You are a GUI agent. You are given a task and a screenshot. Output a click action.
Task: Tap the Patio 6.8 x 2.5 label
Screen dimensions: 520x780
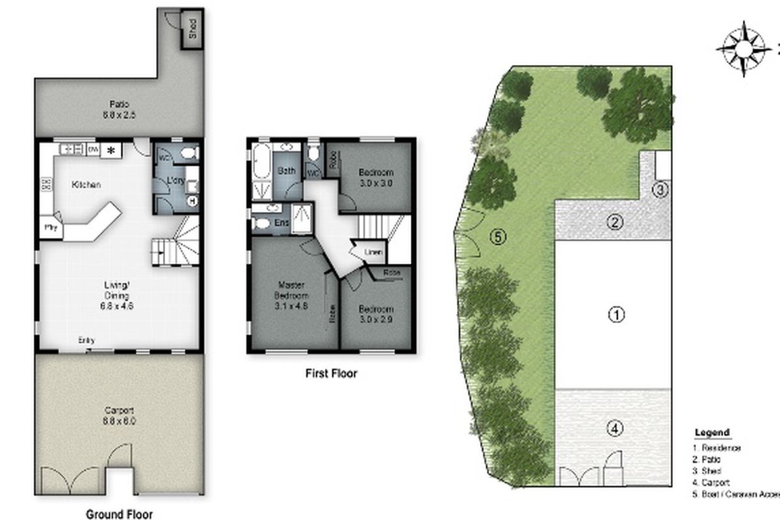point(119,109)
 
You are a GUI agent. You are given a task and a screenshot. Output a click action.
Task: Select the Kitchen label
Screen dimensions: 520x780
point(86,185)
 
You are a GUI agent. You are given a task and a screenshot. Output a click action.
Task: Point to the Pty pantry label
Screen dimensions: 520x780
point(50,228)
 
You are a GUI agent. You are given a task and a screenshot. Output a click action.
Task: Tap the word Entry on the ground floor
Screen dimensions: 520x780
point(86,340)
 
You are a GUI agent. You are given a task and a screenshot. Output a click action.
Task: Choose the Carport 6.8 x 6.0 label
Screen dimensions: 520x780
point(119,415)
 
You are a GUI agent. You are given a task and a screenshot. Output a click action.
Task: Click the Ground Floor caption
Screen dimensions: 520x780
point(120,514)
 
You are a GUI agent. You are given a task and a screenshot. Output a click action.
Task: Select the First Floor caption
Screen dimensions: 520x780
point(331,374)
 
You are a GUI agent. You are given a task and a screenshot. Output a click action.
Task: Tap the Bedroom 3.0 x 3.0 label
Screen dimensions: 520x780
point(376,177)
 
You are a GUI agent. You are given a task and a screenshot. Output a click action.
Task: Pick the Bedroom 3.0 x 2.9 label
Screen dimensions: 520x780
point(376,314)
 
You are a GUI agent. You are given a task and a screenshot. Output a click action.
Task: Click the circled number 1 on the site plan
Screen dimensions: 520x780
point(616,315)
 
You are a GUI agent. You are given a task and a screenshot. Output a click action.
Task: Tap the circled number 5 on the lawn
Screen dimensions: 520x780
point(498,237)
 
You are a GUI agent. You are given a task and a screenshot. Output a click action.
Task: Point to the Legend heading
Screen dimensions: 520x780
point(712,433)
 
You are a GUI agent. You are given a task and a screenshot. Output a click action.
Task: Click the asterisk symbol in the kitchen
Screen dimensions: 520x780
point(110,150)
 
